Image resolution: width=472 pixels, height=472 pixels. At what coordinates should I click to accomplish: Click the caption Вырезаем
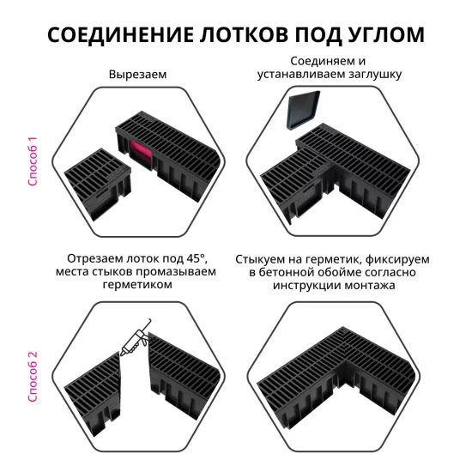[137, 75]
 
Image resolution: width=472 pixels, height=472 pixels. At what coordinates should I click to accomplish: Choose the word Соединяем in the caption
[322, 62]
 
